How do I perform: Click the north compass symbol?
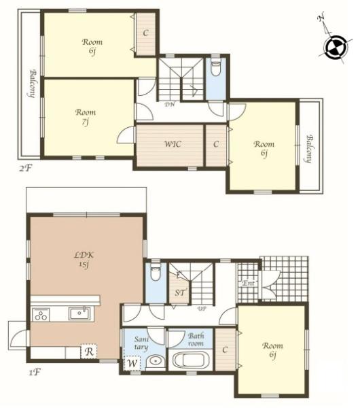[x=336, y=48]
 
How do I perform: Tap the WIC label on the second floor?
[x=173, y=144]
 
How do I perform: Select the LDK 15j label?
[x=84, y=260]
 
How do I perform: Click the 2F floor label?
[x=25, y=169]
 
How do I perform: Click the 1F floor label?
[x=34, y=373]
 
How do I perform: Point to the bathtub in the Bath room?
[x=190, y=360]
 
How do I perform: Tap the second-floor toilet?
[x=215, y=67]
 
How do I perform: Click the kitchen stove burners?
[x=41, y=315]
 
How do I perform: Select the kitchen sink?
[x=79, y=313]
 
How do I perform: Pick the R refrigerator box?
[x=89, y=352]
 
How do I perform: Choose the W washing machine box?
[x=132, y=362]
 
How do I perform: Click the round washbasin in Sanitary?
[x=156, y=362]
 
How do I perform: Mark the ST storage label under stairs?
[x=179, y=292]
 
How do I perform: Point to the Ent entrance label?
[x=248, y=283]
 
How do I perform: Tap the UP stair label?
[x=202, y=309]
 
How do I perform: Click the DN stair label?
[x=170, y=105]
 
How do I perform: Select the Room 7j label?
[x=86, y=117]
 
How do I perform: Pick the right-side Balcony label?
[x=309, y=149]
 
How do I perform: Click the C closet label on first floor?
[x=225, y=350]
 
